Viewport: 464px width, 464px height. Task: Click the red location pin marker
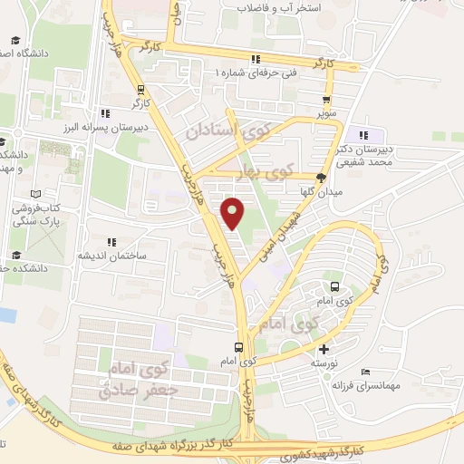point(234,212)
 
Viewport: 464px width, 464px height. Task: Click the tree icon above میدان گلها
point(320,178)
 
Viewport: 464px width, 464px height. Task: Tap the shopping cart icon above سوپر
point(325,101)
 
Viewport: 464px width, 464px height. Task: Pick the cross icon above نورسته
point(325,349)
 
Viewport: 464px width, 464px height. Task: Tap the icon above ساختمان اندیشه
point(111,243)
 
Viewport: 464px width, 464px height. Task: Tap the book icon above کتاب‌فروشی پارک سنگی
point(35,194)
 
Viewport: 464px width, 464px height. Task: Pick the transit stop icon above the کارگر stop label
point(140,89)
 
